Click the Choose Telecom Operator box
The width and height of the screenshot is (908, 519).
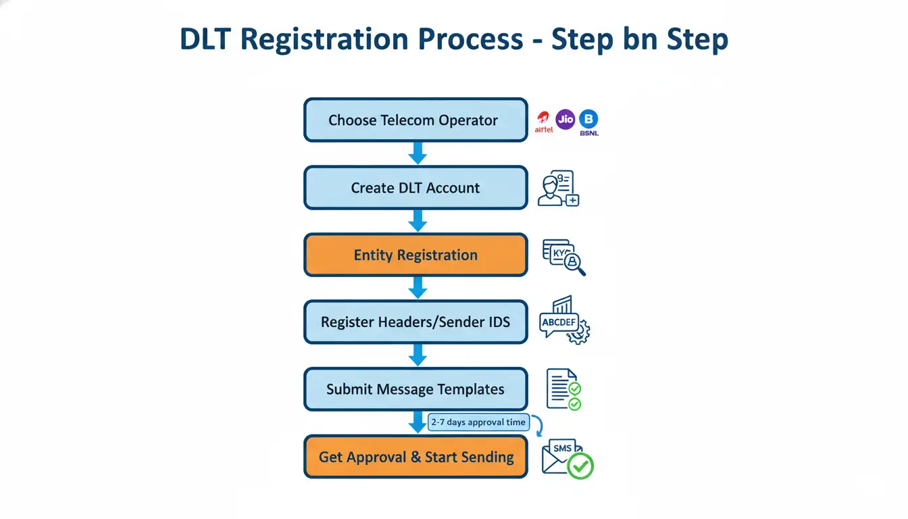tap(415, 120)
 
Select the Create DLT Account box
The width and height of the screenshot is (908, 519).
tap(415, 188)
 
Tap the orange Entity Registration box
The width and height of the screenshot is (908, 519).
tap(415, 255)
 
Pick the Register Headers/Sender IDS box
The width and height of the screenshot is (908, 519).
tap(415, 322)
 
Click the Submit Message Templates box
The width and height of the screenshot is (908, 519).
tap(415, 389)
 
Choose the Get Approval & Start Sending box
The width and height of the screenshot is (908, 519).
tap(415, 457)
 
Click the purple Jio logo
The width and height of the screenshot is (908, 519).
tap(565, 120)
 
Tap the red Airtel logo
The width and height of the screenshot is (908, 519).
tap(544, 122)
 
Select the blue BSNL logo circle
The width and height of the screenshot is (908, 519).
tap(589, 120)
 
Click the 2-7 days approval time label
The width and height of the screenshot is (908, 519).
tap(478, 422)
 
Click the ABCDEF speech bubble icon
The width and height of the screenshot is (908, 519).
tap(559, 323)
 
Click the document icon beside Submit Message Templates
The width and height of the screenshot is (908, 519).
tap(560, 388)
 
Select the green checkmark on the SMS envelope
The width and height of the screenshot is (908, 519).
tap(580, 466)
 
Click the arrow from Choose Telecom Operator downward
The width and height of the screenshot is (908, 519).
tap(418, 153)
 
